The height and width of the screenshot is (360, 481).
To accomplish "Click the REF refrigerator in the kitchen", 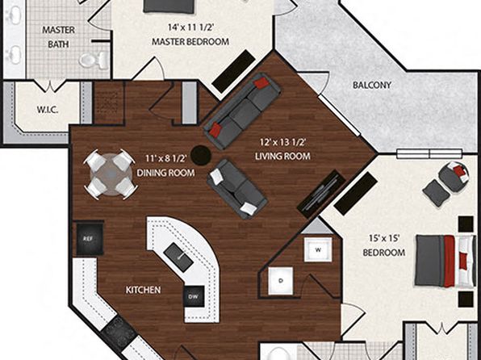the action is [90, 238].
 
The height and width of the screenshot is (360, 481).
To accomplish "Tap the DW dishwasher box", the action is [194, 296].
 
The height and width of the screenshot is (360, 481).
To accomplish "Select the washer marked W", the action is [318, 250].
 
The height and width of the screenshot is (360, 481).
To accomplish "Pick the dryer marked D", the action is [281, 281].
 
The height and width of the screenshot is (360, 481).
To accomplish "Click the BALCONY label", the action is [372, 85].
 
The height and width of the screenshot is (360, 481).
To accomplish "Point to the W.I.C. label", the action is [48, 110].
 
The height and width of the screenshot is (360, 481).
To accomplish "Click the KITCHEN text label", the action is [144, 290].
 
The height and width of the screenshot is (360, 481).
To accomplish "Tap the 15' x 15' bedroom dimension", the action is [384, 238].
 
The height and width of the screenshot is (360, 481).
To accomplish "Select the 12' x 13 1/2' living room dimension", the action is [282, 142].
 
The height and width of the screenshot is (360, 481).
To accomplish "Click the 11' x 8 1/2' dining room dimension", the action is [166, 158].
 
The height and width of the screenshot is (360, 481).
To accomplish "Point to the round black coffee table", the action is [201, 155].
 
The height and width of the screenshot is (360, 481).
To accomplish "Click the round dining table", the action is [111, 174].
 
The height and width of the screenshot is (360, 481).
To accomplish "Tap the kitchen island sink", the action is [178, 257].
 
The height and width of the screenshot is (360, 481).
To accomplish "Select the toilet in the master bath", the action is [94, 59].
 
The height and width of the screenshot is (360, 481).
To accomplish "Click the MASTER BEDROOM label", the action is [190, 41].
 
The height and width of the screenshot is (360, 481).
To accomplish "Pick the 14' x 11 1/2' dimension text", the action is [190, 27].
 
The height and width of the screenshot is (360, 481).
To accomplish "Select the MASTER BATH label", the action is [58, 37].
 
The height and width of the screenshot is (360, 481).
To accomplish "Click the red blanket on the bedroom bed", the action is [449, 262].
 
